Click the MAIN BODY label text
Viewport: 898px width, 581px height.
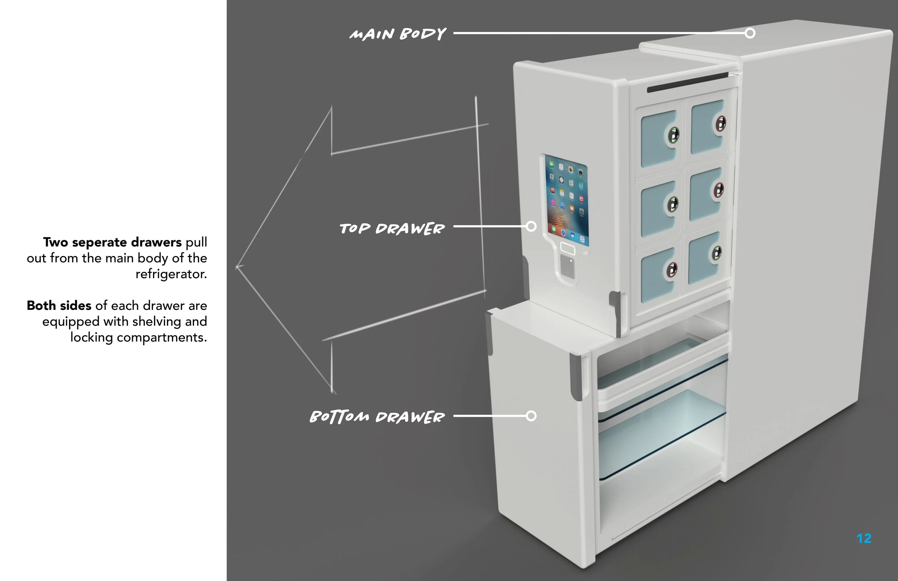coord(398,34)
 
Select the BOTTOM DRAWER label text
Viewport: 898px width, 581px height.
coord(377,417)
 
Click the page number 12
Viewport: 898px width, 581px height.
coord(864,538)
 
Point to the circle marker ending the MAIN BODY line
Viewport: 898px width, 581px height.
coord(750,33)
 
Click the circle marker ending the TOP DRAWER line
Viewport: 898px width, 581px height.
coord(531,226)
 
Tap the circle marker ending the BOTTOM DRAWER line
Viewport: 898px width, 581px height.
coord(531,416)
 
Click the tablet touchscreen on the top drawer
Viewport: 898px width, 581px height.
coord(567,200)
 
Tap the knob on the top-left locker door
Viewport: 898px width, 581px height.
coord(673,134)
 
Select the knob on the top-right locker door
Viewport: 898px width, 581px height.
coord(721,124)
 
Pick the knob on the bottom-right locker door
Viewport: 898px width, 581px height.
coord(717,253)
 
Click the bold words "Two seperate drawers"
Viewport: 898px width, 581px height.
coord(112,242)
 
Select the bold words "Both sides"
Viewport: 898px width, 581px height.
coord(59,305)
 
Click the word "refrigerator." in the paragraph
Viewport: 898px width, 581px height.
coord(171,274)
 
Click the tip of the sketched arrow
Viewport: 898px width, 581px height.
coord(237,267)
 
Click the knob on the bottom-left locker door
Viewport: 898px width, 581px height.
coord(672,269)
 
